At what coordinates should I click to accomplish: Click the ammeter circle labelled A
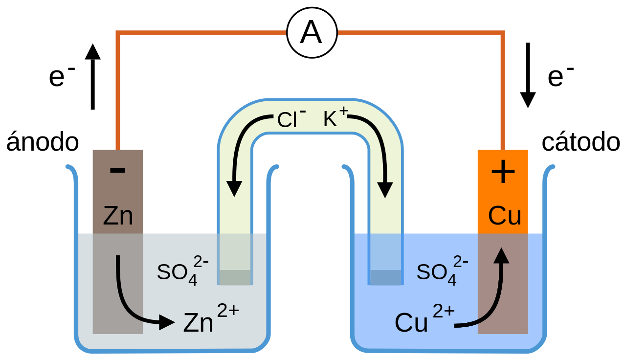coord(312,33)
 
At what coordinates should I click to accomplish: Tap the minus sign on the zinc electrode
coord(117,170)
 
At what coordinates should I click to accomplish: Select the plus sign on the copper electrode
coord(503,173)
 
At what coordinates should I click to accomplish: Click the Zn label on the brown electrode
coord(118,216)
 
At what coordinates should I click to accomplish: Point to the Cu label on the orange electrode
coord(504,216)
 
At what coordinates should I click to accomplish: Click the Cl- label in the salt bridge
coord(291,118)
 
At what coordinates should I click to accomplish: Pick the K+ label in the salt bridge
coord(335,118)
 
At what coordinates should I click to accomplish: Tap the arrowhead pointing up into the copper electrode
coord(501,256)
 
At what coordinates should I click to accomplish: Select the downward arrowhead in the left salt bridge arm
coord(234,189)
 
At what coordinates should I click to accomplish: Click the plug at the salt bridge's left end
coord(235,277)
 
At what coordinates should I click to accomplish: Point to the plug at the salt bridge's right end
coord(386,277)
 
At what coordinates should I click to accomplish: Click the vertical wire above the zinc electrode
coord(118,93)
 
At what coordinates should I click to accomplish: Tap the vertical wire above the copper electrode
coord(502,93)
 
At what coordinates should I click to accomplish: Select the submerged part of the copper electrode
coord(503,284)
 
